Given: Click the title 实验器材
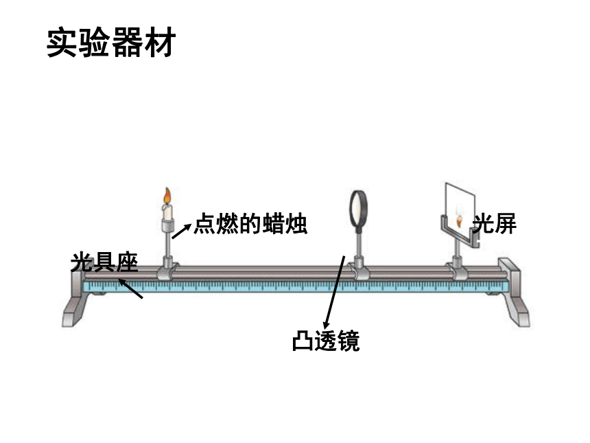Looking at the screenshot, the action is click(111, 42).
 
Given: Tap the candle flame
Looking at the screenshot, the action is click(167, 196).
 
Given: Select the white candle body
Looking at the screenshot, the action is click(167, 212).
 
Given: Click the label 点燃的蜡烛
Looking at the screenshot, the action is click(250, 224).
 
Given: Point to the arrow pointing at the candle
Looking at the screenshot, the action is click(182, 231).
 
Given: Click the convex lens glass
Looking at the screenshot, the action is click(359, 208).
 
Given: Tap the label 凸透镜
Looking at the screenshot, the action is click(326, 341).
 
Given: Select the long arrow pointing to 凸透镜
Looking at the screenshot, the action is click(334, 293).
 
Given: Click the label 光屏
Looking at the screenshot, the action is click(495, 223).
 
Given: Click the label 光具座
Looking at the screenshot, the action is click(104, 262).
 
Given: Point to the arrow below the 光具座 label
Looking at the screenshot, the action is click(130, 288).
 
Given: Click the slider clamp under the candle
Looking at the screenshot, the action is click(167, 269).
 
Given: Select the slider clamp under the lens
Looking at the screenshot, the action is click(359, 269).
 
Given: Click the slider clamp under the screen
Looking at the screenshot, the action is click(458, 269).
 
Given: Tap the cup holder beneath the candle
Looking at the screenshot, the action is click(167, 226).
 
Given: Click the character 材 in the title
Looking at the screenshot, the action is click(161, 42).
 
